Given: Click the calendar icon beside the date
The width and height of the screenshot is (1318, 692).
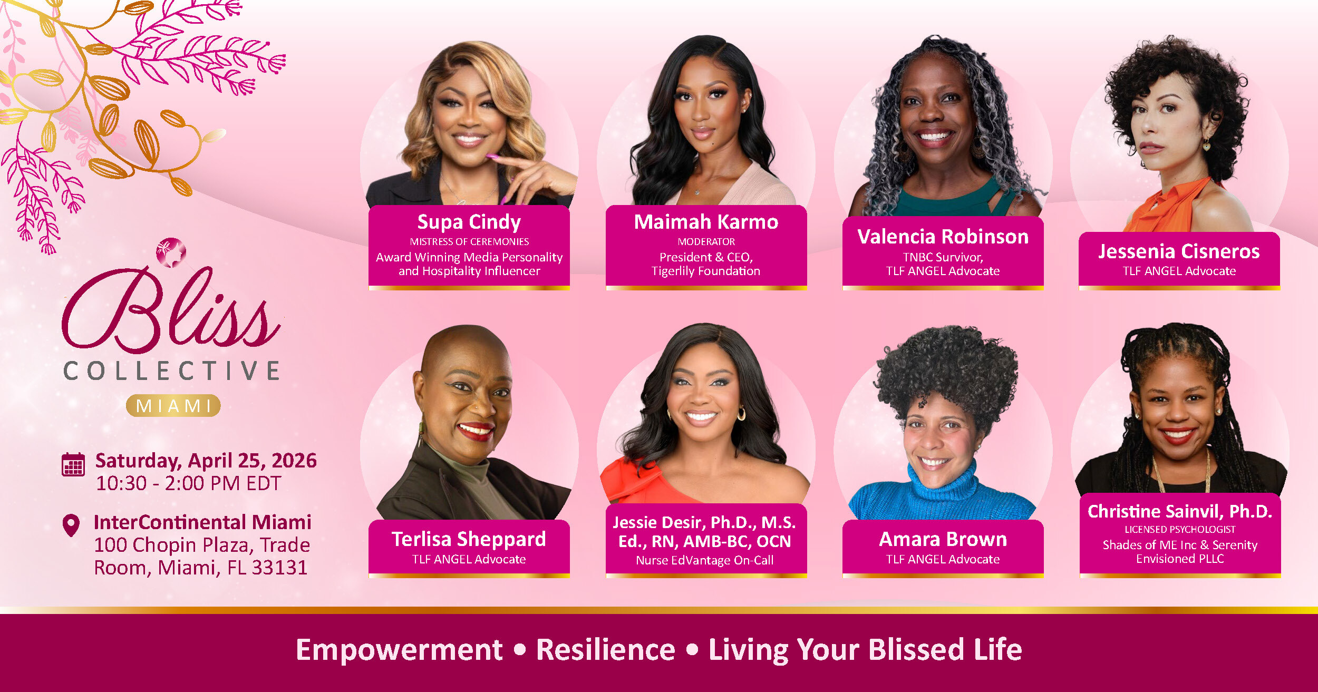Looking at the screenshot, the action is (73, 464).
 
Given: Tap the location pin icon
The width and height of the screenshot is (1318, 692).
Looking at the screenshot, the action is (71, 525).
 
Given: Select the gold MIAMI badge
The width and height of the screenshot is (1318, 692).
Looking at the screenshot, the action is (173, 406).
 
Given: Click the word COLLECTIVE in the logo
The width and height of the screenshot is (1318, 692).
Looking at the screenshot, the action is (172, 371).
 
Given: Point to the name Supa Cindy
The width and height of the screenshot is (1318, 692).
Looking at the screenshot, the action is (469, 222).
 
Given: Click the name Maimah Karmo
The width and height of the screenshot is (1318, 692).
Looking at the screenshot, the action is (706, 222).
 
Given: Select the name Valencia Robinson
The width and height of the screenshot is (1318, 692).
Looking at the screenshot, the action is (943, 237).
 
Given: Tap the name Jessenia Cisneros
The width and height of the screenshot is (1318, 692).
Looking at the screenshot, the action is (1179, 251).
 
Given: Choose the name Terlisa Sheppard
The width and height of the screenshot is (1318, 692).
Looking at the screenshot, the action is (469, 539).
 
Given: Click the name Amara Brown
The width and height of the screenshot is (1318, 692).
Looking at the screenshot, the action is (943, 539).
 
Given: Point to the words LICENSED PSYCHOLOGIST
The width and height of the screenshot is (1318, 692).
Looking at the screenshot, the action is (1180, 529).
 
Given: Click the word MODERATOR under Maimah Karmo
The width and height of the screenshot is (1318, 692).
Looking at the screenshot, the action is (706, 241).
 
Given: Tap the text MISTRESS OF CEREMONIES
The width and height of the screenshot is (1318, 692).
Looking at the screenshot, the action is (469, 241).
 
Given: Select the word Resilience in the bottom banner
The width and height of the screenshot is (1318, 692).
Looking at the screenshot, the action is (606, 649).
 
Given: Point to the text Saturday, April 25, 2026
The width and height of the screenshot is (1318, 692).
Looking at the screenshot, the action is (206, 461).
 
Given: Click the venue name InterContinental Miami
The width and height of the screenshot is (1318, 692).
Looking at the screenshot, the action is (202, 522).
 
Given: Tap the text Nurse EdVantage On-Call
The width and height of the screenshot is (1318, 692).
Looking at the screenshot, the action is (705, 560).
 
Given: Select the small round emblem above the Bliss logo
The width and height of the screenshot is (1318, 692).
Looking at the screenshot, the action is (171, 252).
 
